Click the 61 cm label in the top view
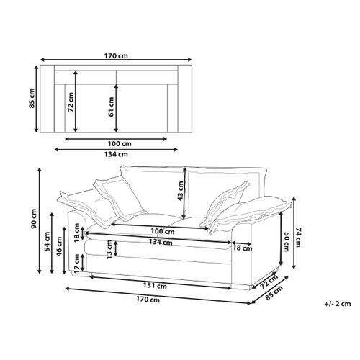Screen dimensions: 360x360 point(111,107)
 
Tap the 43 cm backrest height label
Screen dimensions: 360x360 point(181,191)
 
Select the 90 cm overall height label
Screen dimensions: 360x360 point(34,219)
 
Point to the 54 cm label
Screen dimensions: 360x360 point(47,241)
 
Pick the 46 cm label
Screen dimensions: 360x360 point(59,246)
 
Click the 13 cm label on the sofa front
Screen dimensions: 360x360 point(109,249)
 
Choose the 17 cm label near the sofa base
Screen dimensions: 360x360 point(77,263)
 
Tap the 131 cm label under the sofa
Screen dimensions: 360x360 point(155,286)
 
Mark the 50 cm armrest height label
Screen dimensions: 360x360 point(287,242)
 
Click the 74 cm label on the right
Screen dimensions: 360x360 point(298,238)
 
